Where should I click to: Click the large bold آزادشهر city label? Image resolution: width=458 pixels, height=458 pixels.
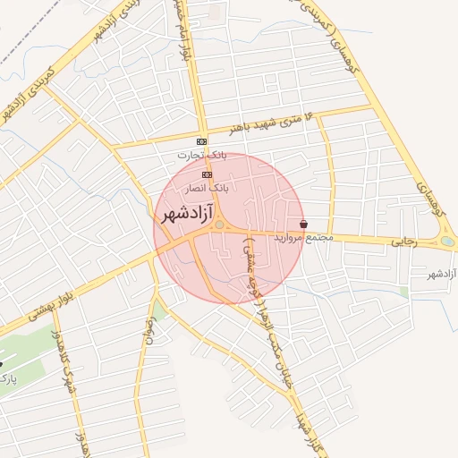click(186, 215)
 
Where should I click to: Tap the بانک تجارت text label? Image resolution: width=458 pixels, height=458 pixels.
click(202, 156)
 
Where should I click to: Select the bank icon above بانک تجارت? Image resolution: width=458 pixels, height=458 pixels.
click(202, 141)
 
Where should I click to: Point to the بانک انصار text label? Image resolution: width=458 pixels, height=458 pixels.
click(208, 189)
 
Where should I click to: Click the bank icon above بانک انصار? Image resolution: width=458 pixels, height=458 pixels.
click(208, 174)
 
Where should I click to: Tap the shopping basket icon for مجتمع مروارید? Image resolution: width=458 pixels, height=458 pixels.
click(304, 225)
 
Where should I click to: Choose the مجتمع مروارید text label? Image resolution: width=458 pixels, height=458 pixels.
click(307, 238)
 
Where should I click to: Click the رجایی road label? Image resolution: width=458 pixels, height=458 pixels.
click(401, 242)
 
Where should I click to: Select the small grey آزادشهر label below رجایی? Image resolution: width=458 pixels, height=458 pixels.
click(443, 273)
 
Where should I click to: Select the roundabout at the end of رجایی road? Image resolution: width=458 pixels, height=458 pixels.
click(447, 241)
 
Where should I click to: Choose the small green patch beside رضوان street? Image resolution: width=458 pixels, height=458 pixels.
click(159, 310)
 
